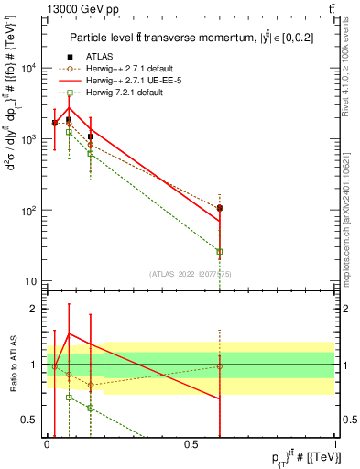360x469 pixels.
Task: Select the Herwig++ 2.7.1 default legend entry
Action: pyautogui.click(x=127, y=68)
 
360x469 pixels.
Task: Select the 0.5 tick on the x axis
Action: pyautogui.click(x=191, y=444)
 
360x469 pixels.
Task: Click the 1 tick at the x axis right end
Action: pyautogui.click(x=335, y=444)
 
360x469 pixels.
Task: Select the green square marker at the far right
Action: pyautogui.click(x=220, y=251)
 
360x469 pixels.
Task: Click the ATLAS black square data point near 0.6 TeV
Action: pyautogui.click(x=220, y=208)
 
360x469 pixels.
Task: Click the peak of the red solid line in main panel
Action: pyautogui.click(x=70, y=108)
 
